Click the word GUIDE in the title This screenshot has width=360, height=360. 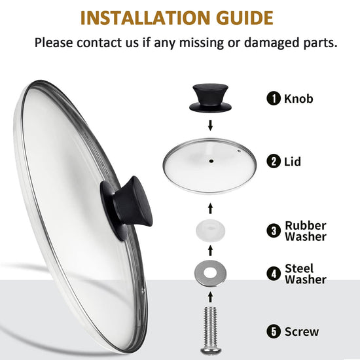coord(245,18)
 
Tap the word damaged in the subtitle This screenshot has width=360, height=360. coord(272,43)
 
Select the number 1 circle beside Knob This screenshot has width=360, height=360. coord(274,98)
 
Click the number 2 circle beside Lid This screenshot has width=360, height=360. coord(274,161)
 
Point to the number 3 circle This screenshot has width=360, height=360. coord(274,231)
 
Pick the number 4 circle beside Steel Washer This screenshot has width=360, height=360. coord(274,274)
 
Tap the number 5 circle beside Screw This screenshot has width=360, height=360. coord(274,332)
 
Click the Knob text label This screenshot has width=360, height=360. coord(298,98)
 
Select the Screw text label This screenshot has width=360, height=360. coord(302,332)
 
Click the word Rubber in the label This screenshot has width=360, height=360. coord(306,225)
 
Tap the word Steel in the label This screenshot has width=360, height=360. coord(299,268)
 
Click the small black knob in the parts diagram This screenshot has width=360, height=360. coord(210,98)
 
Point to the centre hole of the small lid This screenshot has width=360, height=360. coord(211,161)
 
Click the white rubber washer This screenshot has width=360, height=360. coord(211,230)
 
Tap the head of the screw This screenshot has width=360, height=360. coord(211,351)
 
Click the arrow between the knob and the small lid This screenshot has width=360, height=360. coord(210,126)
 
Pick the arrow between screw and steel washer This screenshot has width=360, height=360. coord(210,297)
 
